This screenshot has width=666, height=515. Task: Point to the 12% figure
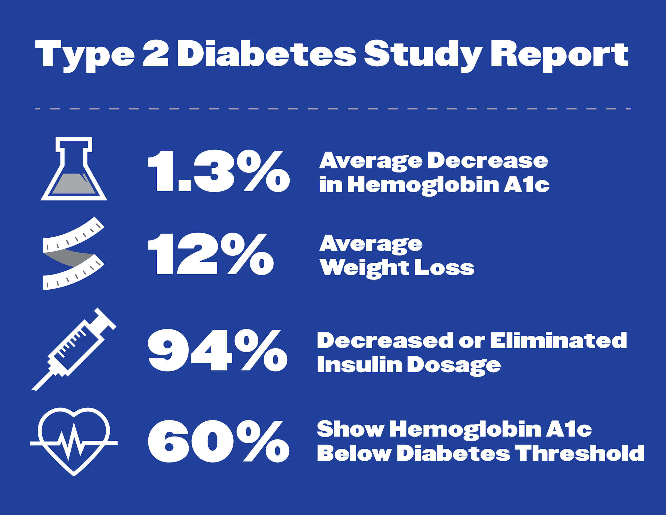(210, 254)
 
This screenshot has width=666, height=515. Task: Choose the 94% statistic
(217, 350)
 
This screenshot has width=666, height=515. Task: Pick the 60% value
(218, 441)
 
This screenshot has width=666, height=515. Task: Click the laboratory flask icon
(74, 169)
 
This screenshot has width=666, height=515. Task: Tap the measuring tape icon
(73, 253)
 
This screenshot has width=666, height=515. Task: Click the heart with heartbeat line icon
(74, 441)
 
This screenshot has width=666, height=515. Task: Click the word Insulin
(359, 365)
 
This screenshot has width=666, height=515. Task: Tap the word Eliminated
(558, 340)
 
